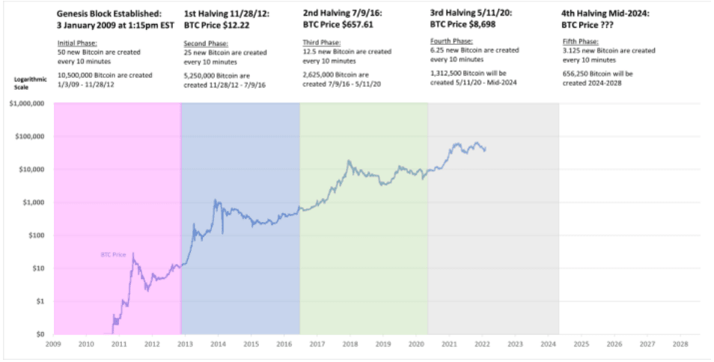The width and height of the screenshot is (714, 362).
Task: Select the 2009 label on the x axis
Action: [x=53, y=345]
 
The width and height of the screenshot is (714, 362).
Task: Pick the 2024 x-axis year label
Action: [x=548, y=345]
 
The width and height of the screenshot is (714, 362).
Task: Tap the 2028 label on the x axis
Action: [x=680, y=345]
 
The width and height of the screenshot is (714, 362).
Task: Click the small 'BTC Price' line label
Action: [x=113, y=254]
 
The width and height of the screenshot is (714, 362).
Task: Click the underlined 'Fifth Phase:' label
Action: [x=580, y=43]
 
